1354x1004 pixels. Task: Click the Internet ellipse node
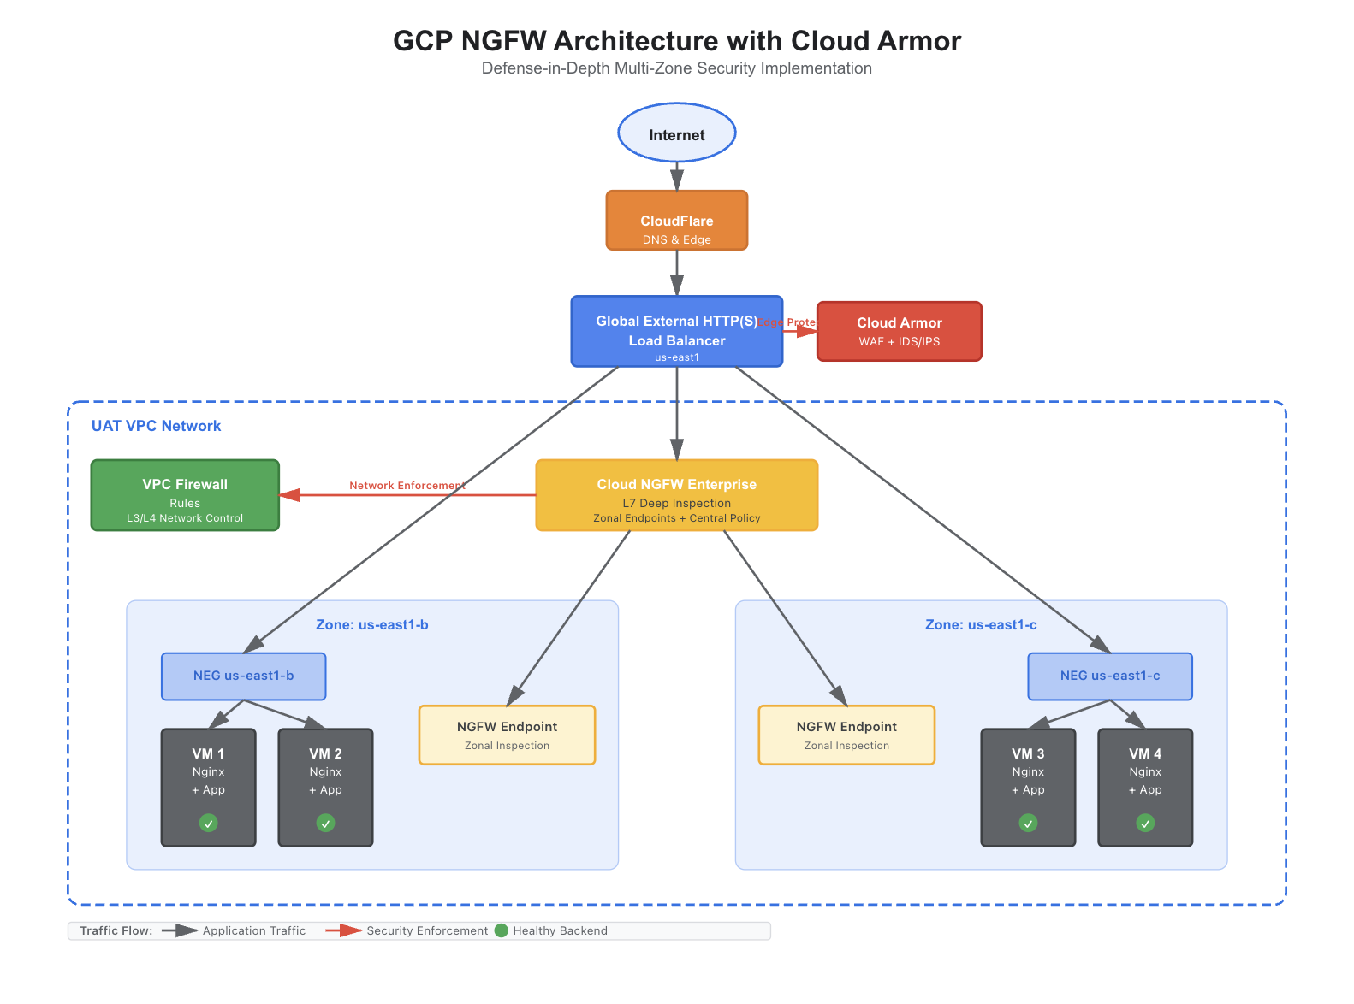tap(677, 133)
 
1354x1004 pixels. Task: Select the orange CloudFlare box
tap(677, 221)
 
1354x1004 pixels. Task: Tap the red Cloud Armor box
tap(899, 331)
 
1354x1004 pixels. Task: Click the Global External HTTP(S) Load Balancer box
tap(676, 332)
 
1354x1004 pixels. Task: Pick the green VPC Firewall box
tap(185, 495)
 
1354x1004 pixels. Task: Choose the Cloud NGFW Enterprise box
tap(676, 495)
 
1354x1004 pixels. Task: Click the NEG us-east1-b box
tap(243, 676)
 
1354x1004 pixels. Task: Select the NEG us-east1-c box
tap(1109, 676)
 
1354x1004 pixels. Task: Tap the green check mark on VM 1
tap(208, 823)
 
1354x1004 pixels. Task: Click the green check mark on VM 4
tap(1145, 823)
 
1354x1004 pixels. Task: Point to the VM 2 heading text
tap(325, 753)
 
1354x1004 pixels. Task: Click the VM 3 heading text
tap(1028, 753)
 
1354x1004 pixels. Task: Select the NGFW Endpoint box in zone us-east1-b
tap(507, 735)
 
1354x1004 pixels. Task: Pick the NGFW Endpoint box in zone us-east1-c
tap(846, 735)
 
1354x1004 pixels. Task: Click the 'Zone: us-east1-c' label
tap(981, 625)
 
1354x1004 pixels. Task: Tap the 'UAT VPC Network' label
tap(156, 426)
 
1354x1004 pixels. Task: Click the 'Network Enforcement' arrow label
tap(407, 486)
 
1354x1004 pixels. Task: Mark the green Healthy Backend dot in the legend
tap(502, 930)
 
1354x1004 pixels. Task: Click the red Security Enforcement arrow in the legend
tap(344, 930)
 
